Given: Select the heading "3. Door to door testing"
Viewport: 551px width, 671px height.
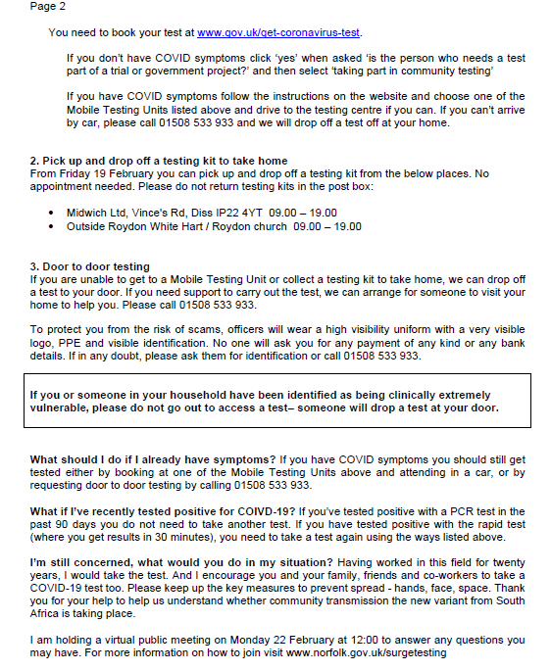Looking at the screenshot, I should (x=89, y=266).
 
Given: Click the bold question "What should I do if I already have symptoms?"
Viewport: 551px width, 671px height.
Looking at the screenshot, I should (x=153, y=458).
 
